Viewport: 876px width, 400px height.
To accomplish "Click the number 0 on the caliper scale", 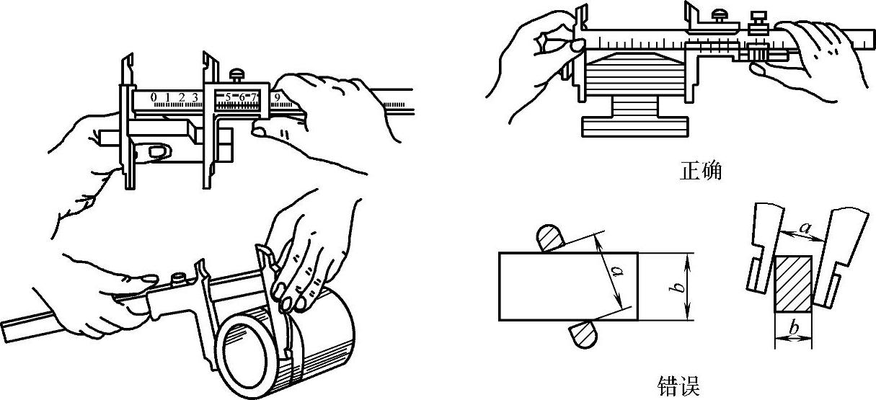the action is click(154, 97).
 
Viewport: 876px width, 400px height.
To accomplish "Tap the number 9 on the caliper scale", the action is click(278, 97).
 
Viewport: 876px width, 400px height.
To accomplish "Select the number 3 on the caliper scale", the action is click(195, 97).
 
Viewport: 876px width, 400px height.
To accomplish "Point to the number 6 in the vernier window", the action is click(242, 97).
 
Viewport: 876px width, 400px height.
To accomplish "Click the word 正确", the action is click(700, 171).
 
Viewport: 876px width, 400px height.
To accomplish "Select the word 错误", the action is click(678, 386).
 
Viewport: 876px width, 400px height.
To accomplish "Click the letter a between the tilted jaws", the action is click(805, 228).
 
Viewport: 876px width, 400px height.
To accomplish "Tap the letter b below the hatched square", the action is click(794, 327).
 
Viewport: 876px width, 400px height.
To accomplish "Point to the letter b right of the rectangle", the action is click(680, 287).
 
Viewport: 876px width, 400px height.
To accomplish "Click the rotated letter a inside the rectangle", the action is click(617, 270).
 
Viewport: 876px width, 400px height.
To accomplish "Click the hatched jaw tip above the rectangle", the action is click(549, 238).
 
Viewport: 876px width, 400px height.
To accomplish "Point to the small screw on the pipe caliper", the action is click(178, 279).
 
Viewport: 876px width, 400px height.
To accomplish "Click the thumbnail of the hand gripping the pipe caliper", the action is click(149, 279).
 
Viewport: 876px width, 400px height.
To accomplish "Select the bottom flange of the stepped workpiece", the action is click(634, 127).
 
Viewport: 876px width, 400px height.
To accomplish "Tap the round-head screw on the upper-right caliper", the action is click(719, 17).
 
